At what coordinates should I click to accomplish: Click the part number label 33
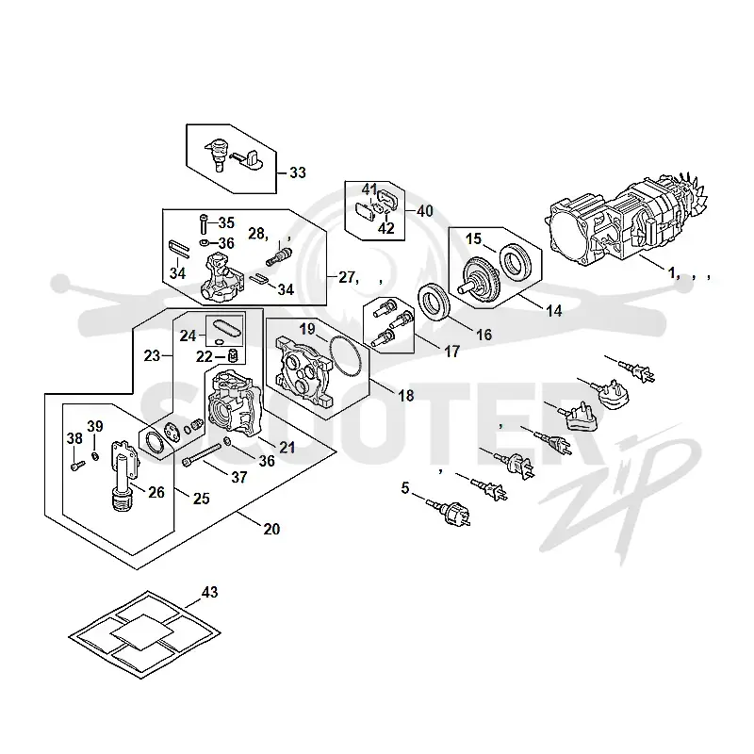point(298,172)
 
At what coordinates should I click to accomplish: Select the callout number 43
point(209,592)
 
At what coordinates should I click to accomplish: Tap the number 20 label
point(271,529)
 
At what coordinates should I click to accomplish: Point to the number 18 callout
point(406,395)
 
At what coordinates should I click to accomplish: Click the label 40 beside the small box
point(425,211)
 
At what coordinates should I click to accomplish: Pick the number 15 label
point(473,238)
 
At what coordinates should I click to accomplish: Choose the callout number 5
point(405,488)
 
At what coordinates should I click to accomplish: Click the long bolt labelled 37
point(202,455)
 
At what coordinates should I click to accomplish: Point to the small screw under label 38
point(78,465)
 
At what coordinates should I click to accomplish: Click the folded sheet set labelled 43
point(145,634)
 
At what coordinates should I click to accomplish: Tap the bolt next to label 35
point(204,224)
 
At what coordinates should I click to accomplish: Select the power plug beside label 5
point(450,513)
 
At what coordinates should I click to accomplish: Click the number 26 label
point(156,492)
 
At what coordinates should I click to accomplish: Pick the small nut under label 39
point(95,455)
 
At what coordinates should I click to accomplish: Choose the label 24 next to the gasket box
point(188,336)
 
